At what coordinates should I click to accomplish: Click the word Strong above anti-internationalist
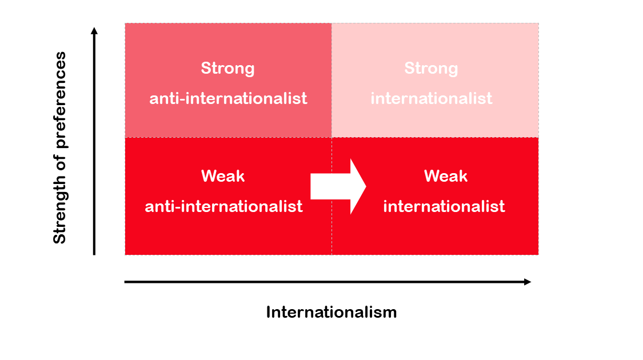pos(227,69)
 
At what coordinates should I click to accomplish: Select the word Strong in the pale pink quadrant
pos(431,69)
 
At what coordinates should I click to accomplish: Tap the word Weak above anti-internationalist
pos(223,176)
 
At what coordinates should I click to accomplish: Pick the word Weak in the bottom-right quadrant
pos(445,176)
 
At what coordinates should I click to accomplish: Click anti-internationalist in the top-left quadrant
pos(228,98)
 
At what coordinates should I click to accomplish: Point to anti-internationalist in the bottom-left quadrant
pos(223,206)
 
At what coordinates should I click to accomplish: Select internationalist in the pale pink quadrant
pos(431,98)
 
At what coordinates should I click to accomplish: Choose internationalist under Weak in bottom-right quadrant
pos(444,206)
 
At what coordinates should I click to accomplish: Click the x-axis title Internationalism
pos(331,312)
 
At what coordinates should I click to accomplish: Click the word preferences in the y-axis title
pos(59,99)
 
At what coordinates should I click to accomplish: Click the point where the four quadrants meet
pos(332,137)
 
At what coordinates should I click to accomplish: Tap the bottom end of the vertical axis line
pos(94,254)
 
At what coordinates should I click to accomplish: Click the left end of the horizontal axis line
pos(126,282)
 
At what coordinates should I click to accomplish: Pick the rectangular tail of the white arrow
pos(329,186)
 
